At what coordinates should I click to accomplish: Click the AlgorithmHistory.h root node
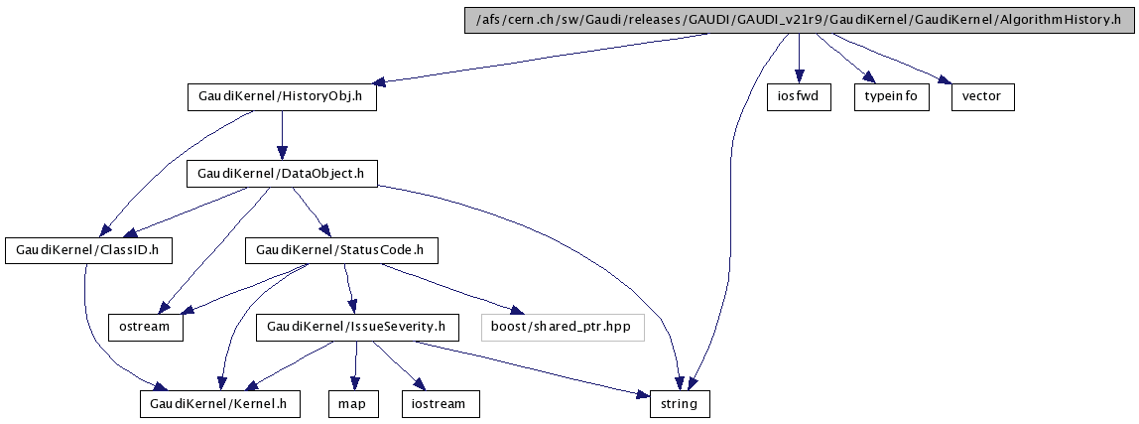tap(799, 21)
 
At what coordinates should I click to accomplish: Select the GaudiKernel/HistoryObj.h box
tap(282, 97)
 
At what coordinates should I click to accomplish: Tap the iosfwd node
tap(799, 97)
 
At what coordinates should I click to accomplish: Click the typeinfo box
tap(891, 97)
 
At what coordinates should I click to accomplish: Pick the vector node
tap(982, 97)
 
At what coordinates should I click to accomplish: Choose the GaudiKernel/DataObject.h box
tap(282, 174)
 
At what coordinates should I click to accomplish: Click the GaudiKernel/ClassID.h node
tap(88, 250)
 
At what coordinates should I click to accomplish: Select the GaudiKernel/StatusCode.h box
tap(341, 250)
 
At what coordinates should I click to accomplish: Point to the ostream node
tap(146, 327)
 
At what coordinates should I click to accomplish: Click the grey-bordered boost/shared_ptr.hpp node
tap(563, 327)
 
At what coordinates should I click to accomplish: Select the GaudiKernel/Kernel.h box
tap(217, 403)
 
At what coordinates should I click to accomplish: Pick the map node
tap(354, 403)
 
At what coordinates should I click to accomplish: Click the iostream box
tap(440, 403)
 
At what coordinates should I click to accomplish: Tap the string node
tap(680, 403)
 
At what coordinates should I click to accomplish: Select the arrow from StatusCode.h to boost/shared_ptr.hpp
tap(446, 287)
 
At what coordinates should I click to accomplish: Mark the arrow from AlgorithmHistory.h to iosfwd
tap(799, 60)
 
